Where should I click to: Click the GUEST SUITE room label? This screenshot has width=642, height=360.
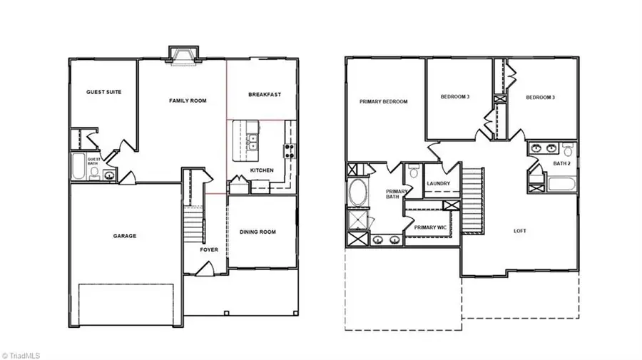[102, 92]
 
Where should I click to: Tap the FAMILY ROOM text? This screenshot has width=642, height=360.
[188, 101]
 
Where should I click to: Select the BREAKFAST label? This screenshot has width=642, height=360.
[265, 94]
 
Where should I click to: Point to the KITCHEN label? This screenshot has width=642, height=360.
[262, 170]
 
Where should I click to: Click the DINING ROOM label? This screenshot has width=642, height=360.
[257, 232]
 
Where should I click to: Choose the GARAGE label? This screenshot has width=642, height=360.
[124, 236]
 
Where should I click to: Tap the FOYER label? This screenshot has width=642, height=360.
[209, 250]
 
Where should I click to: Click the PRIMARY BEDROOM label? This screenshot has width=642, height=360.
[384, 102]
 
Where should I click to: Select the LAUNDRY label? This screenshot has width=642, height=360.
[438, 183]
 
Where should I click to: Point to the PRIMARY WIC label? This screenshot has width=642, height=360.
[431, 227]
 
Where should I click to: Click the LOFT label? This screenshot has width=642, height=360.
[520, 231]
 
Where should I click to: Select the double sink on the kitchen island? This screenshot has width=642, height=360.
[253, 141]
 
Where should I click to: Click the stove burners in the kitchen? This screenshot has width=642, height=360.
[290, 150]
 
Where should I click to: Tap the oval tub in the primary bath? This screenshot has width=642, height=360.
[356, 192]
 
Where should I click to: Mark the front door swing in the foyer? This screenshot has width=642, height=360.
[205, 269]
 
